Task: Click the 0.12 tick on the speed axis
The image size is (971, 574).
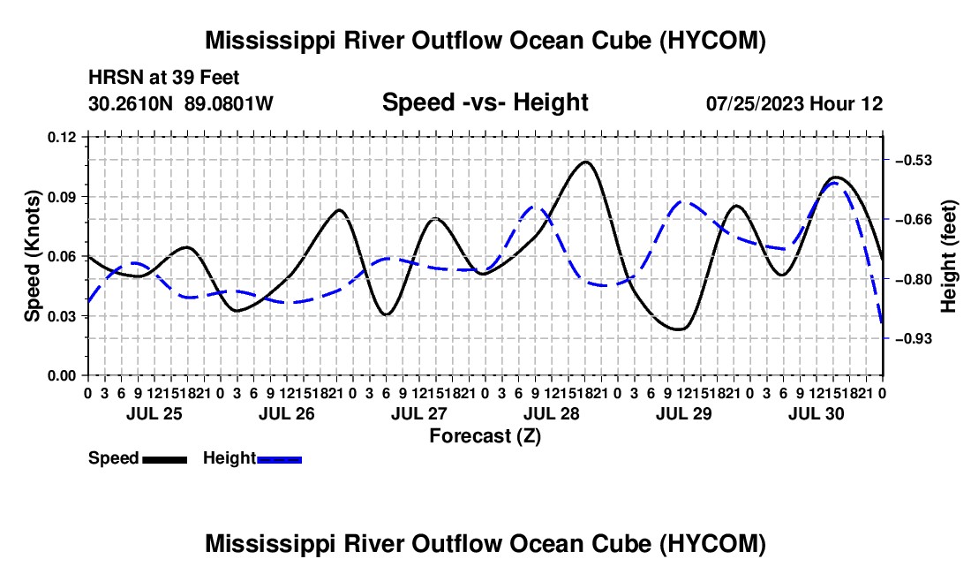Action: tap(61, 137)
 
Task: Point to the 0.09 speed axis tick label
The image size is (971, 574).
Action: tap(61, 197)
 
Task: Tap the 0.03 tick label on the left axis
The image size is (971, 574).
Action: tap(61, 316)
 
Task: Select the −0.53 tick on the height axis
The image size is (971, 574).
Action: tap(914, 161)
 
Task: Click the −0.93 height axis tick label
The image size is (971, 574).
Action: tap(914, 339)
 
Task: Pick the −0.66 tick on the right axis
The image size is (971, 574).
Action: tap(914, 220)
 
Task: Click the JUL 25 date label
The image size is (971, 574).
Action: tap(154, 413)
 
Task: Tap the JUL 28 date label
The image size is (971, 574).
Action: tap(551, 413)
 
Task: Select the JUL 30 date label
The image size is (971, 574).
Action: tap(817, 413)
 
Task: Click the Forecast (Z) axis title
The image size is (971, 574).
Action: tap(485, 436)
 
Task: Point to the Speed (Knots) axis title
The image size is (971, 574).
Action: tap(32, 256)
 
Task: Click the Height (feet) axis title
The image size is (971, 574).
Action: tap(949, 256)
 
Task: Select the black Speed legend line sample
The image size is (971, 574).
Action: tap(165, 459)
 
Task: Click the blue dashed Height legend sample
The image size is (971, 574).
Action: tap(279, 459)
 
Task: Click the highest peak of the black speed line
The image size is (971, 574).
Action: tap(585, 162)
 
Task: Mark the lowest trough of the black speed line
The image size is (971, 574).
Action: tap(679, 329)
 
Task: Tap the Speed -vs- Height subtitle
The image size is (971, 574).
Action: tap(485, 102)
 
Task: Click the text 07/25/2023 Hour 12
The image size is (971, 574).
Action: tap(794, 103)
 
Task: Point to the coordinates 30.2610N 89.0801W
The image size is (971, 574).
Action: tap(181, 103)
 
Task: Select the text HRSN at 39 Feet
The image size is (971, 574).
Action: tap(163, 78)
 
